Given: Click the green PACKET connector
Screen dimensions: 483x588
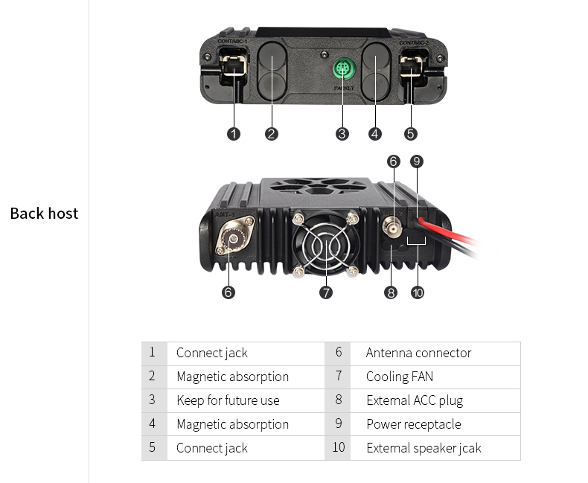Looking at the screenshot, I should pyautogui.click(x=342, y=69).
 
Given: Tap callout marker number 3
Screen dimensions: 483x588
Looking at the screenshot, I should pyautogui.click(x=342, y=134).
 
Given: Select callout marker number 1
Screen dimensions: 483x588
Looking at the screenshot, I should pyautogui.click(x=234, y=134).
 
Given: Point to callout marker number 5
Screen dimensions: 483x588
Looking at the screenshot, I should pyautogui.click(x=411, y=134).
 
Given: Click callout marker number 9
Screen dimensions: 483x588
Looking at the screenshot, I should pyautogui.click(x=417, y=161).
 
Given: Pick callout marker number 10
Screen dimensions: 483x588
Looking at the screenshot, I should pyautogui.click(x=418, y=292).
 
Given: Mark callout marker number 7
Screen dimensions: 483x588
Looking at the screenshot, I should pyautogui.click(x=326, y=292).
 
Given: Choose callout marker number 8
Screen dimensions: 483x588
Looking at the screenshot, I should pyautogui.click(x=392, y=292).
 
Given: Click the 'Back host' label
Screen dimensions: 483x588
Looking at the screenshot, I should pyautogui.click(x=44, y=214).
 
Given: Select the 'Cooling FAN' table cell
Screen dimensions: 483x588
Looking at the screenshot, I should pyautogui.click(x=399, y=377).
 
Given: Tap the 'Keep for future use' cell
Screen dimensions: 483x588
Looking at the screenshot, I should pyautogui.click(x=228, y=400).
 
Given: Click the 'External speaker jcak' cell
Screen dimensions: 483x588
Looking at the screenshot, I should pyautogui.click(x=424, y=448).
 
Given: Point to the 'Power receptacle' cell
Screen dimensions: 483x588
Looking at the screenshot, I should pyautogui.click(x=413, y=424).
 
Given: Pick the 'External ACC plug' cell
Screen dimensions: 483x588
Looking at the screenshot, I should pyautogui.click(x=414, y=400).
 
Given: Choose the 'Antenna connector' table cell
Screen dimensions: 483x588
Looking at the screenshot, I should pyautogui.click(x=418, y=353).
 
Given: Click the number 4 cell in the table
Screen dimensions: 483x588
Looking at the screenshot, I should pyautogui.click(x=153, y=424).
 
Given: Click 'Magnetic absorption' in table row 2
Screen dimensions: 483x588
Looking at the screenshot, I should pyautogui.click(x=232, y=377).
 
